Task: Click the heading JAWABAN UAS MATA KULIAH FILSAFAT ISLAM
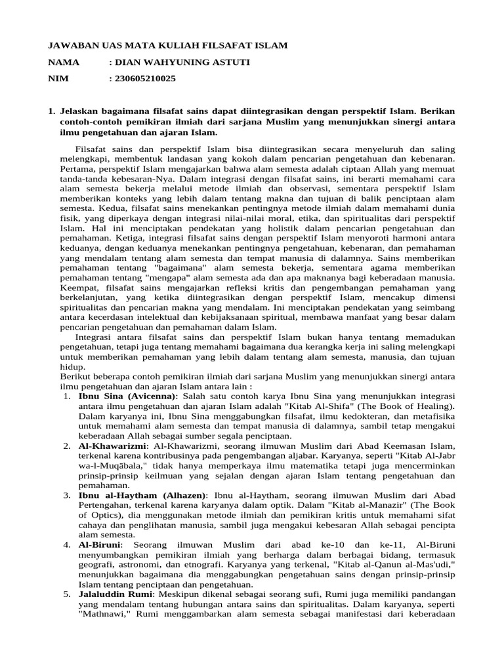coord(168,46)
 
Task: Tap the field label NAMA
coord(64,62)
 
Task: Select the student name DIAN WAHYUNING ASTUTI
coord(180,62)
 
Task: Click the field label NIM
coord(58,79)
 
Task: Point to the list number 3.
coord(67,495)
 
